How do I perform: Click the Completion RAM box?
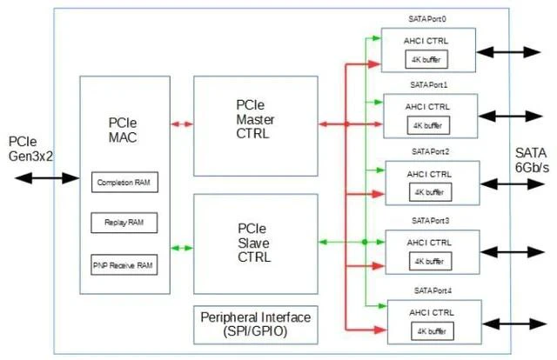[124, 182]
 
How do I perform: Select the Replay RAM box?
[124, 223]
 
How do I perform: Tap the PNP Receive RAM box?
[124, 265]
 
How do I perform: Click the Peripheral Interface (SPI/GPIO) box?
[256, 325]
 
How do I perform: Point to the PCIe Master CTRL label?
[255, 119]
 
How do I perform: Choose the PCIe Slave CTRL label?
[254, 243]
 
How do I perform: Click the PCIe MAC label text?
[123, 130]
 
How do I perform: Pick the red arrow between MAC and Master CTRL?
[182, 124]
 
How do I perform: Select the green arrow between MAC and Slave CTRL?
[182, 248]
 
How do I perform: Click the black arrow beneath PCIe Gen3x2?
[47, 178]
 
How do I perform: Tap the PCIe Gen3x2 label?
[30, 149]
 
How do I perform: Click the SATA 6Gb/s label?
[532, 160]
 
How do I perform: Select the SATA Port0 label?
[427, 19]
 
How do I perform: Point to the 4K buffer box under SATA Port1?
[428, 125]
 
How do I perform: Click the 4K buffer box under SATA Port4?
[433, 331]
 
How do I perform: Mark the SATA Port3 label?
[430, 221]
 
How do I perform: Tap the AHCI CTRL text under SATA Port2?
[429, 174]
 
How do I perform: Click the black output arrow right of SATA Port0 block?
[508, 52]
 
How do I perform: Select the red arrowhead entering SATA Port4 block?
[380, 330]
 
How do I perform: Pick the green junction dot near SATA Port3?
[365, 242]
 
